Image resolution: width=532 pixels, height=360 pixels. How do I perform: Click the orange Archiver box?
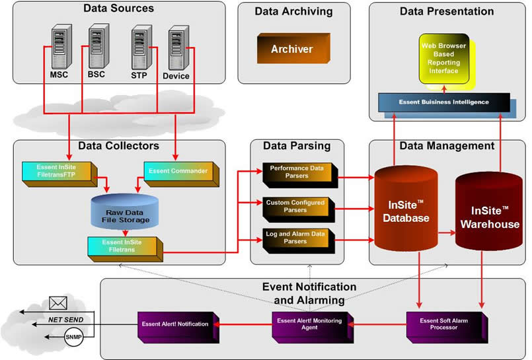click(x=291, y=49)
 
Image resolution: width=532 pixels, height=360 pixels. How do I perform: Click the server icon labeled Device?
click(x=176, y=46)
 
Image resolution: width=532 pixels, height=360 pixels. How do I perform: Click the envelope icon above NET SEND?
click(x=59, y=305)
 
